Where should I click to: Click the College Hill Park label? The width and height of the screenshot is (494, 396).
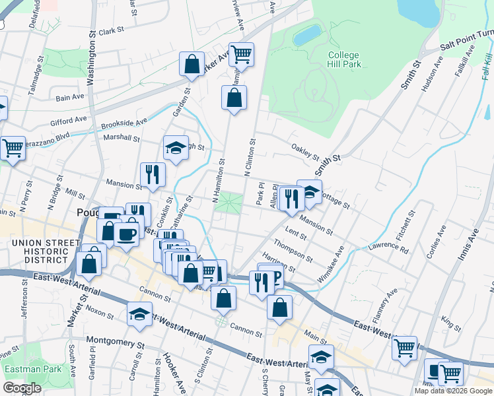click(343, 59)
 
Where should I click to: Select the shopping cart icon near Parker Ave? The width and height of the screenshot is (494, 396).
click(242, 55)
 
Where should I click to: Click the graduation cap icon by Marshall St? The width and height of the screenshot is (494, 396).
click(176, 148)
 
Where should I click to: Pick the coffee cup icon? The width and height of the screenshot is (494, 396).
click(126, 234)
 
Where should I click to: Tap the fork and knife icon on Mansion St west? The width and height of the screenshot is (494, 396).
click(153, 175)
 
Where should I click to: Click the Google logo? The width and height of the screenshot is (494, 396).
click(22, 388)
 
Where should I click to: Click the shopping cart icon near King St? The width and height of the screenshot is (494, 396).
click(404, 348)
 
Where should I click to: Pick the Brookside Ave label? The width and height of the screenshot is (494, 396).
click(124, 123)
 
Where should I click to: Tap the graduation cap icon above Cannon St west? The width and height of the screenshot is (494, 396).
click(140, 314)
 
